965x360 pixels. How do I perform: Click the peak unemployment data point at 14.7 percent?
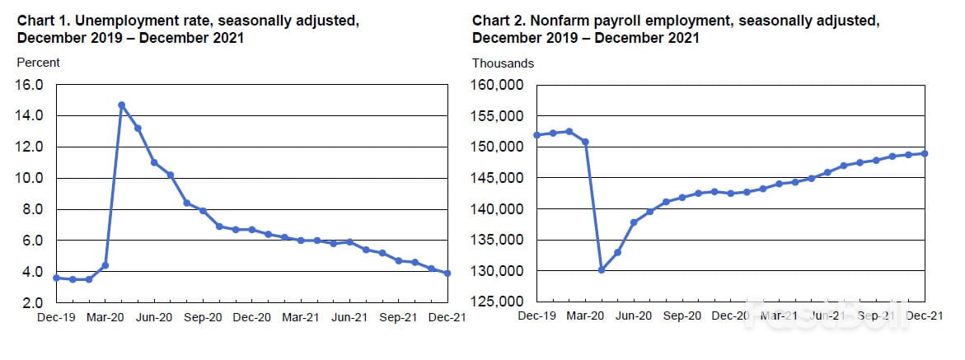121,105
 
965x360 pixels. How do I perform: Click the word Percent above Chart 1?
39,63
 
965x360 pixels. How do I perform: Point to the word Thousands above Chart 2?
503,63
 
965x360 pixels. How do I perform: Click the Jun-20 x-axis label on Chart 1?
154,316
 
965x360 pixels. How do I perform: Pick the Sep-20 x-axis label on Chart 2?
682,316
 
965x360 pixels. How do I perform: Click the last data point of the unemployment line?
447,274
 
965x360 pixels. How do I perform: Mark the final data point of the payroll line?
925,153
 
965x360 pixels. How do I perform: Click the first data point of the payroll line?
536,135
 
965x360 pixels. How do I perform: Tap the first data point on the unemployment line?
56,278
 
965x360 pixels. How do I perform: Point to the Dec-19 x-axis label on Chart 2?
536,316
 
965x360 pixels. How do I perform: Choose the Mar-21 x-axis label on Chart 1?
301,316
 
